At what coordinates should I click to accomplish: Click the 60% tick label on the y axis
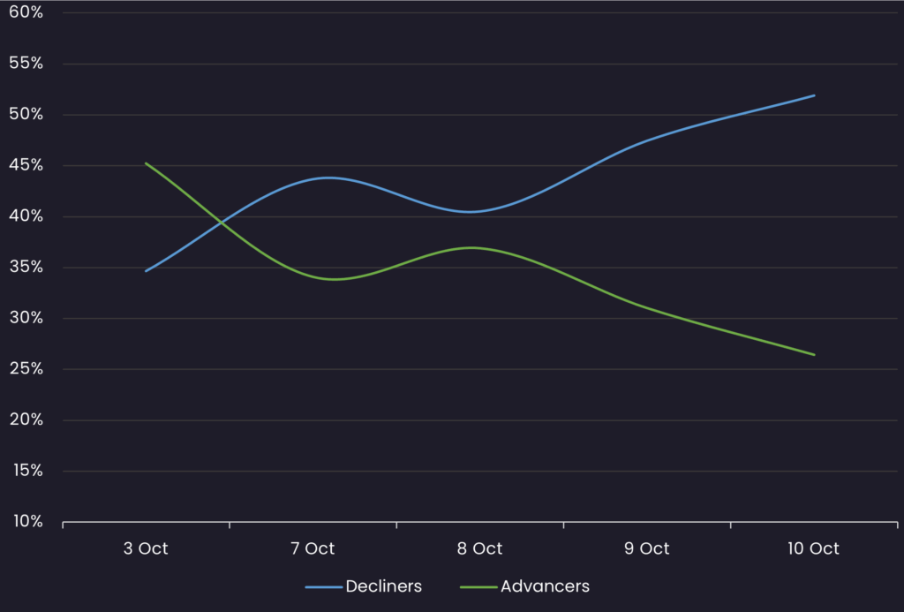[26, 12]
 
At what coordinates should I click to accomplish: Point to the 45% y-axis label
[26, 165]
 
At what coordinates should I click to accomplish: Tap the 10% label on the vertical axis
[26, 521]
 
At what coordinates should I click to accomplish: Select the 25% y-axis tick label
[26, 368]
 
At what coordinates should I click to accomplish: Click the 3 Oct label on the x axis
[146, 548]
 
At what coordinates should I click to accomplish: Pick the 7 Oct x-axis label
[313, 548]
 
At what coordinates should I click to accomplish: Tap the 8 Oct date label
[480, 548]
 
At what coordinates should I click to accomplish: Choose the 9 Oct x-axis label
[647, 548]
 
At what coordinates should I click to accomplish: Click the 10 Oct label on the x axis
[813, 548]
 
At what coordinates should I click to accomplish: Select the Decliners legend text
[384, 586]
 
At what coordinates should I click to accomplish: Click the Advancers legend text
[545, 586]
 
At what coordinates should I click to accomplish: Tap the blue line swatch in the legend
[323, 586]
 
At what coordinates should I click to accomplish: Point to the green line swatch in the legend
[478, 586]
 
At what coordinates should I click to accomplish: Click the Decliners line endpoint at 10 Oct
[814, 95]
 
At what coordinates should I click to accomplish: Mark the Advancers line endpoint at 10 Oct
[814, 355]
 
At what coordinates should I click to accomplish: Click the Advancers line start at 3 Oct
[146, 163]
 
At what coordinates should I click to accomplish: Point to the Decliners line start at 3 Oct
[146, 271]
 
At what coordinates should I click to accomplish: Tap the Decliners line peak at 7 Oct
[327, 178]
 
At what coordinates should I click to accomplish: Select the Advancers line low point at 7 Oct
[334, 279]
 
